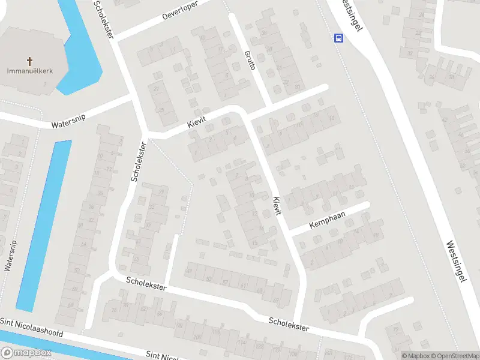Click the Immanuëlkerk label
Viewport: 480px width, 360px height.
pos(30,71)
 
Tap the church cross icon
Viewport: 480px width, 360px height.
pos(30,61)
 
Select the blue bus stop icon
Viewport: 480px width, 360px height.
pos(339,38)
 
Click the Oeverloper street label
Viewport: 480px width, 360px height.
pos(180,13)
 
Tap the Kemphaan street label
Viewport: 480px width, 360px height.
pos(328,220)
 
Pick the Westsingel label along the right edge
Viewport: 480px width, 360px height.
pos(457,262)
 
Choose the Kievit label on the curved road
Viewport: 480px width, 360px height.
pos(196,121)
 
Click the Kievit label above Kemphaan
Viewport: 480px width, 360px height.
pos(275,206)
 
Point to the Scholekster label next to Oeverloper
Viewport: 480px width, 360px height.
pos(103,20)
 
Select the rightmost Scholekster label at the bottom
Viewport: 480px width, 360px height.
pos(289,324)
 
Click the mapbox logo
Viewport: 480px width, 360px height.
pos(26,352)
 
